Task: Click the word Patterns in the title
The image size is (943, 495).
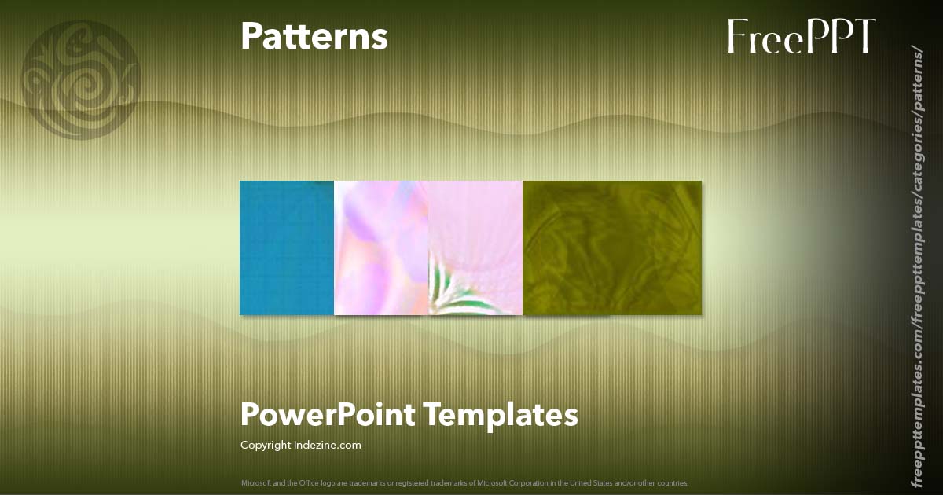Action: [314, 36]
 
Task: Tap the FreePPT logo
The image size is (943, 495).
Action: [801, 36]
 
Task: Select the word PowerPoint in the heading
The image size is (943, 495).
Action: [327, 414]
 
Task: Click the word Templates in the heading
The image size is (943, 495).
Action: [501, 414]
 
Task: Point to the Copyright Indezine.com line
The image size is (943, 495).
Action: [300, 445]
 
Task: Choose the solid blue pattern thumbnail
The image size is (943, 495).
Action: [287, 247]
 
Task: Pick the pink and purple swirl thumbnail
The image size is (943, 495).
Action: [381, 247]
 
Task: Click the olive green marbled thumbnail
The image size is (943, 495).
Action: [612, 247]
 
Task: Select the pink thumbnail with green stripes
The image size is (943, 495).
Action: [475, 247]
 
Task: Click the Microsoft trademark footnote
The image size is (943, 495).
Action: [464, 482]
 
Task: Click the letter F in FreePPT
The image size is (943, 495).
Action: [737, 36]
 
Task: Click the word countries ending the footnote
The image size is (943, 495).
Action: [675, 482]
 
